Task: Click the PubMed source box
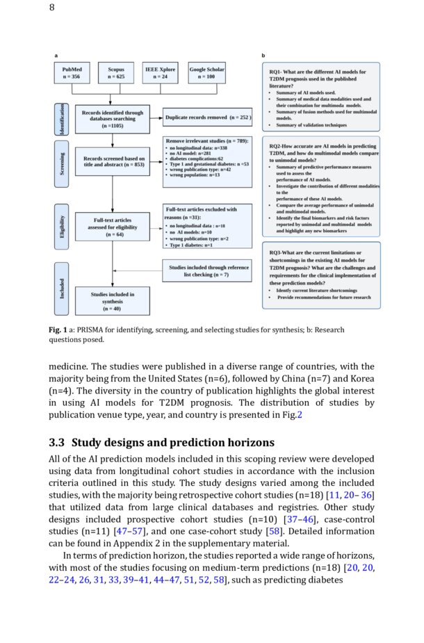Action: click(x=72, y=73)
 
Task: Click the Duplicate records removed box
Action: click(x=207, y=118)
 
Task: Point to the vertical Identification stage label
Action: click(x=61, y=118)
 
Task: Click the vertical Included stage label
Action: click(x=61, y=288)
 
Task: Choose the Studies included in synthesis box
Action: click(x=112, y=301)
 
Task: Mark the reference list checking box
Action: click(x=209, y=270)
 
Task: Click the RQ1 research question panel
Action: click(x=321, y=97)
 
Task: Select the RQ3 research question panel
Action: click(x=321, y=275)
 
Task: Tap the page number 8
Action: click(x=52, y=8)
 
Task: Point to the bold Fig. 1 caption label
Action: click(x=58, y=329)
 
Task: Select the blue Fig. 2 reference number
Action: click(x=300, y=415)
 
